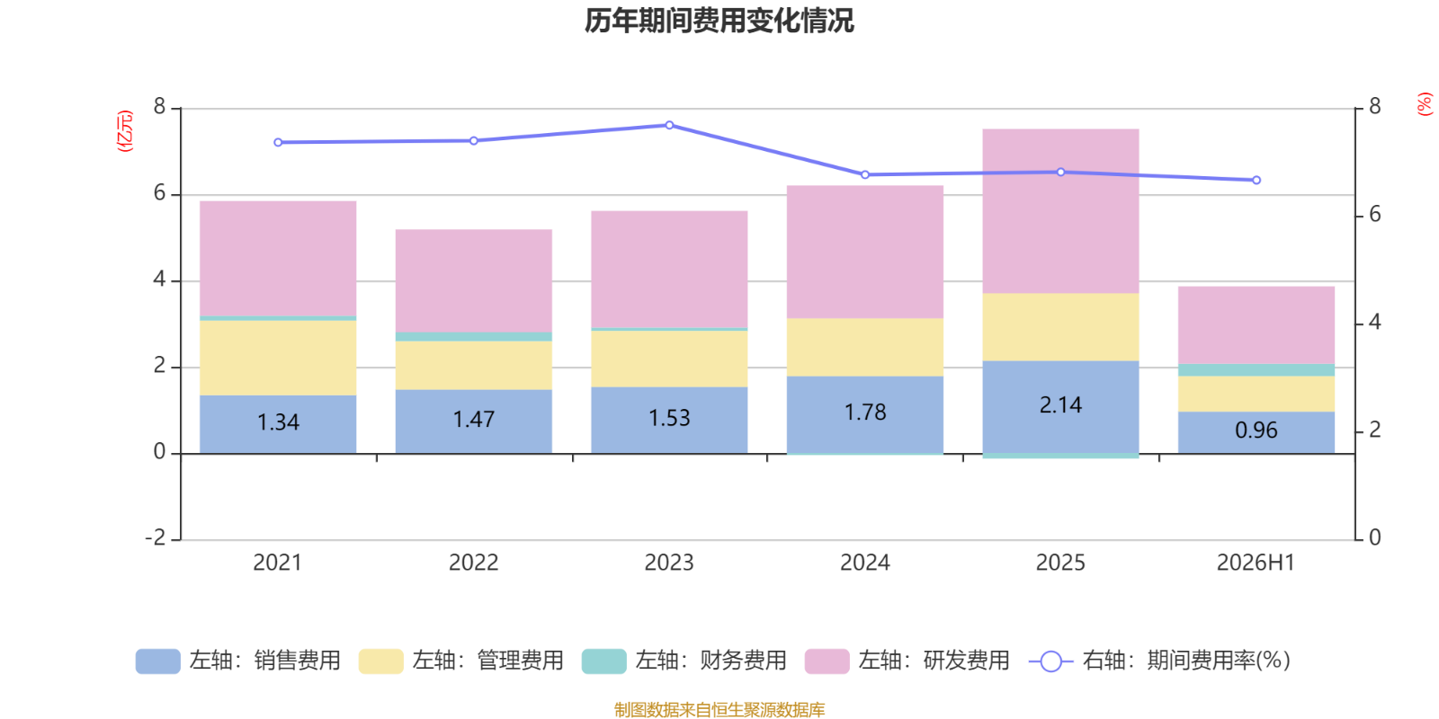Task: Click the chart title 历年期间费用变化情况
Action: (719, 21)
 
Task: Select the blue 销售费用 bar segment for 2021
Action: (278, 424)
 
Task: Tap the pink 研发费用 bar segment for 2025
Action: (1060, 211)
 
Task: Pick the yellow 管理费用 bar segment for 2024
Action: (865, 347)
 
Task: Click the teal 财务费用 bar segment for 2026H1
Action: (1256, 369)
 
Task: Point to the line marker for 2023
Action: (669, 125)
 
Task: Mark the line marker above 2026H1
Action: (1256, 181)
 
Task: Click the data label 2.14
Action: (1060, 405)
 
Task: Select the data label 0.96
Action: (1256, 431)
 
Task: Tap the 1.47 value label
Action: (473, 419)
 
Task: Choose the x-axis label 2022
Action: (473, 563)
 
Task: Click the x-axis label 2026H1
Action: (1256, 563)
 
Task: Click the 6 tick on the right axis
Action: (1375, 215)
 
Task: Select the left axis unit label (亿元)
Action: (125, 131)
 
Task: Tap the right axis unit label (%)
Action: (1425, 104)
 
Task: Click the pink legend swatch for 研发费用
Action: (827, 661)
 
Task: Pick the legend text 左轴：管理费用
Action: (487, 661)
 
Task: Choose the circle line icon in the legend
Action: (1051, 661)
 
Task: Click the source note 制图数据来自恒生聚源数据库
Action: (719, 709)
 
